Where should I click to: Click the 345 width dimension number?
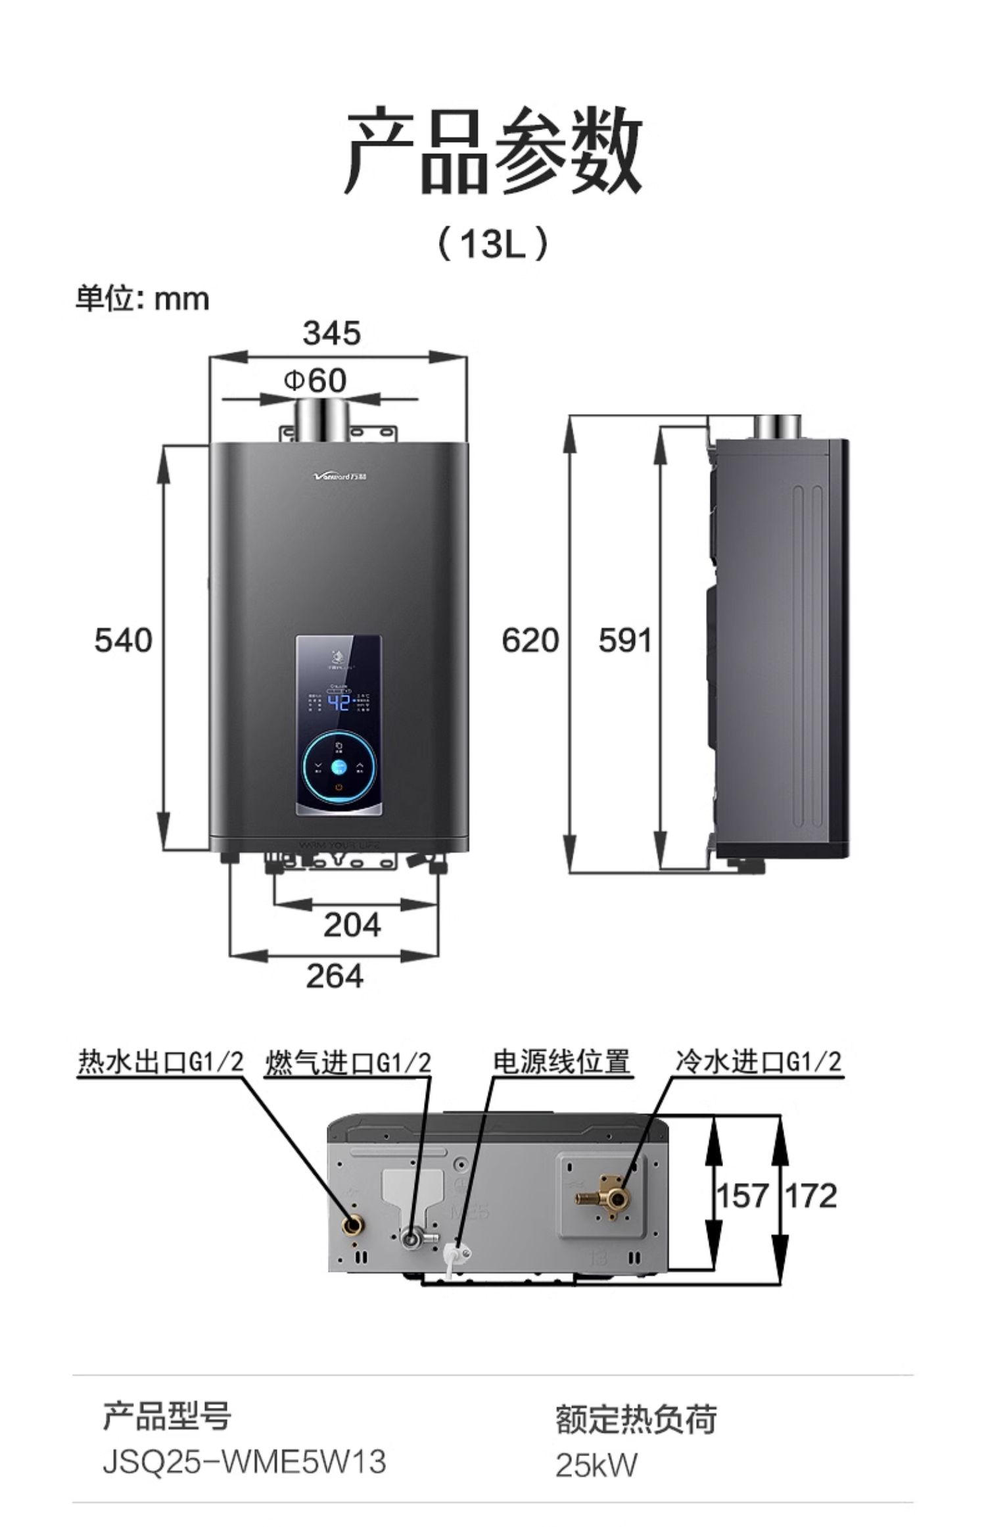332,333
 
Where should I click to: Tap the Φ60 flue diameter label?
316,380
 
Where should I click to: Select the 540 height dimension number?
123,640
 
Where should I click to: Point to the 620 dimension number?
530,640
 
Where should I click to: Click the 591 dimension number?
625,640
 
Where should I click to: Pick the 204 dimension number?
352,925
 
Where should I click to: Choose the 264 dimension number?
335,976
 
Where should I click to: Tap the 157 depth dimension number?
741,1195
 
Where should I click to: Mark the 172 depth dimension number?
812,1195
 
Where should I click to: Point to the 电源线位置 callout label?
562,1061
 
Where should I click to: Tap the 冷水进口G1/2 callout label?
759,1061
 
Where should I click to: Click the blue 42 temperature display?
339,703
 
